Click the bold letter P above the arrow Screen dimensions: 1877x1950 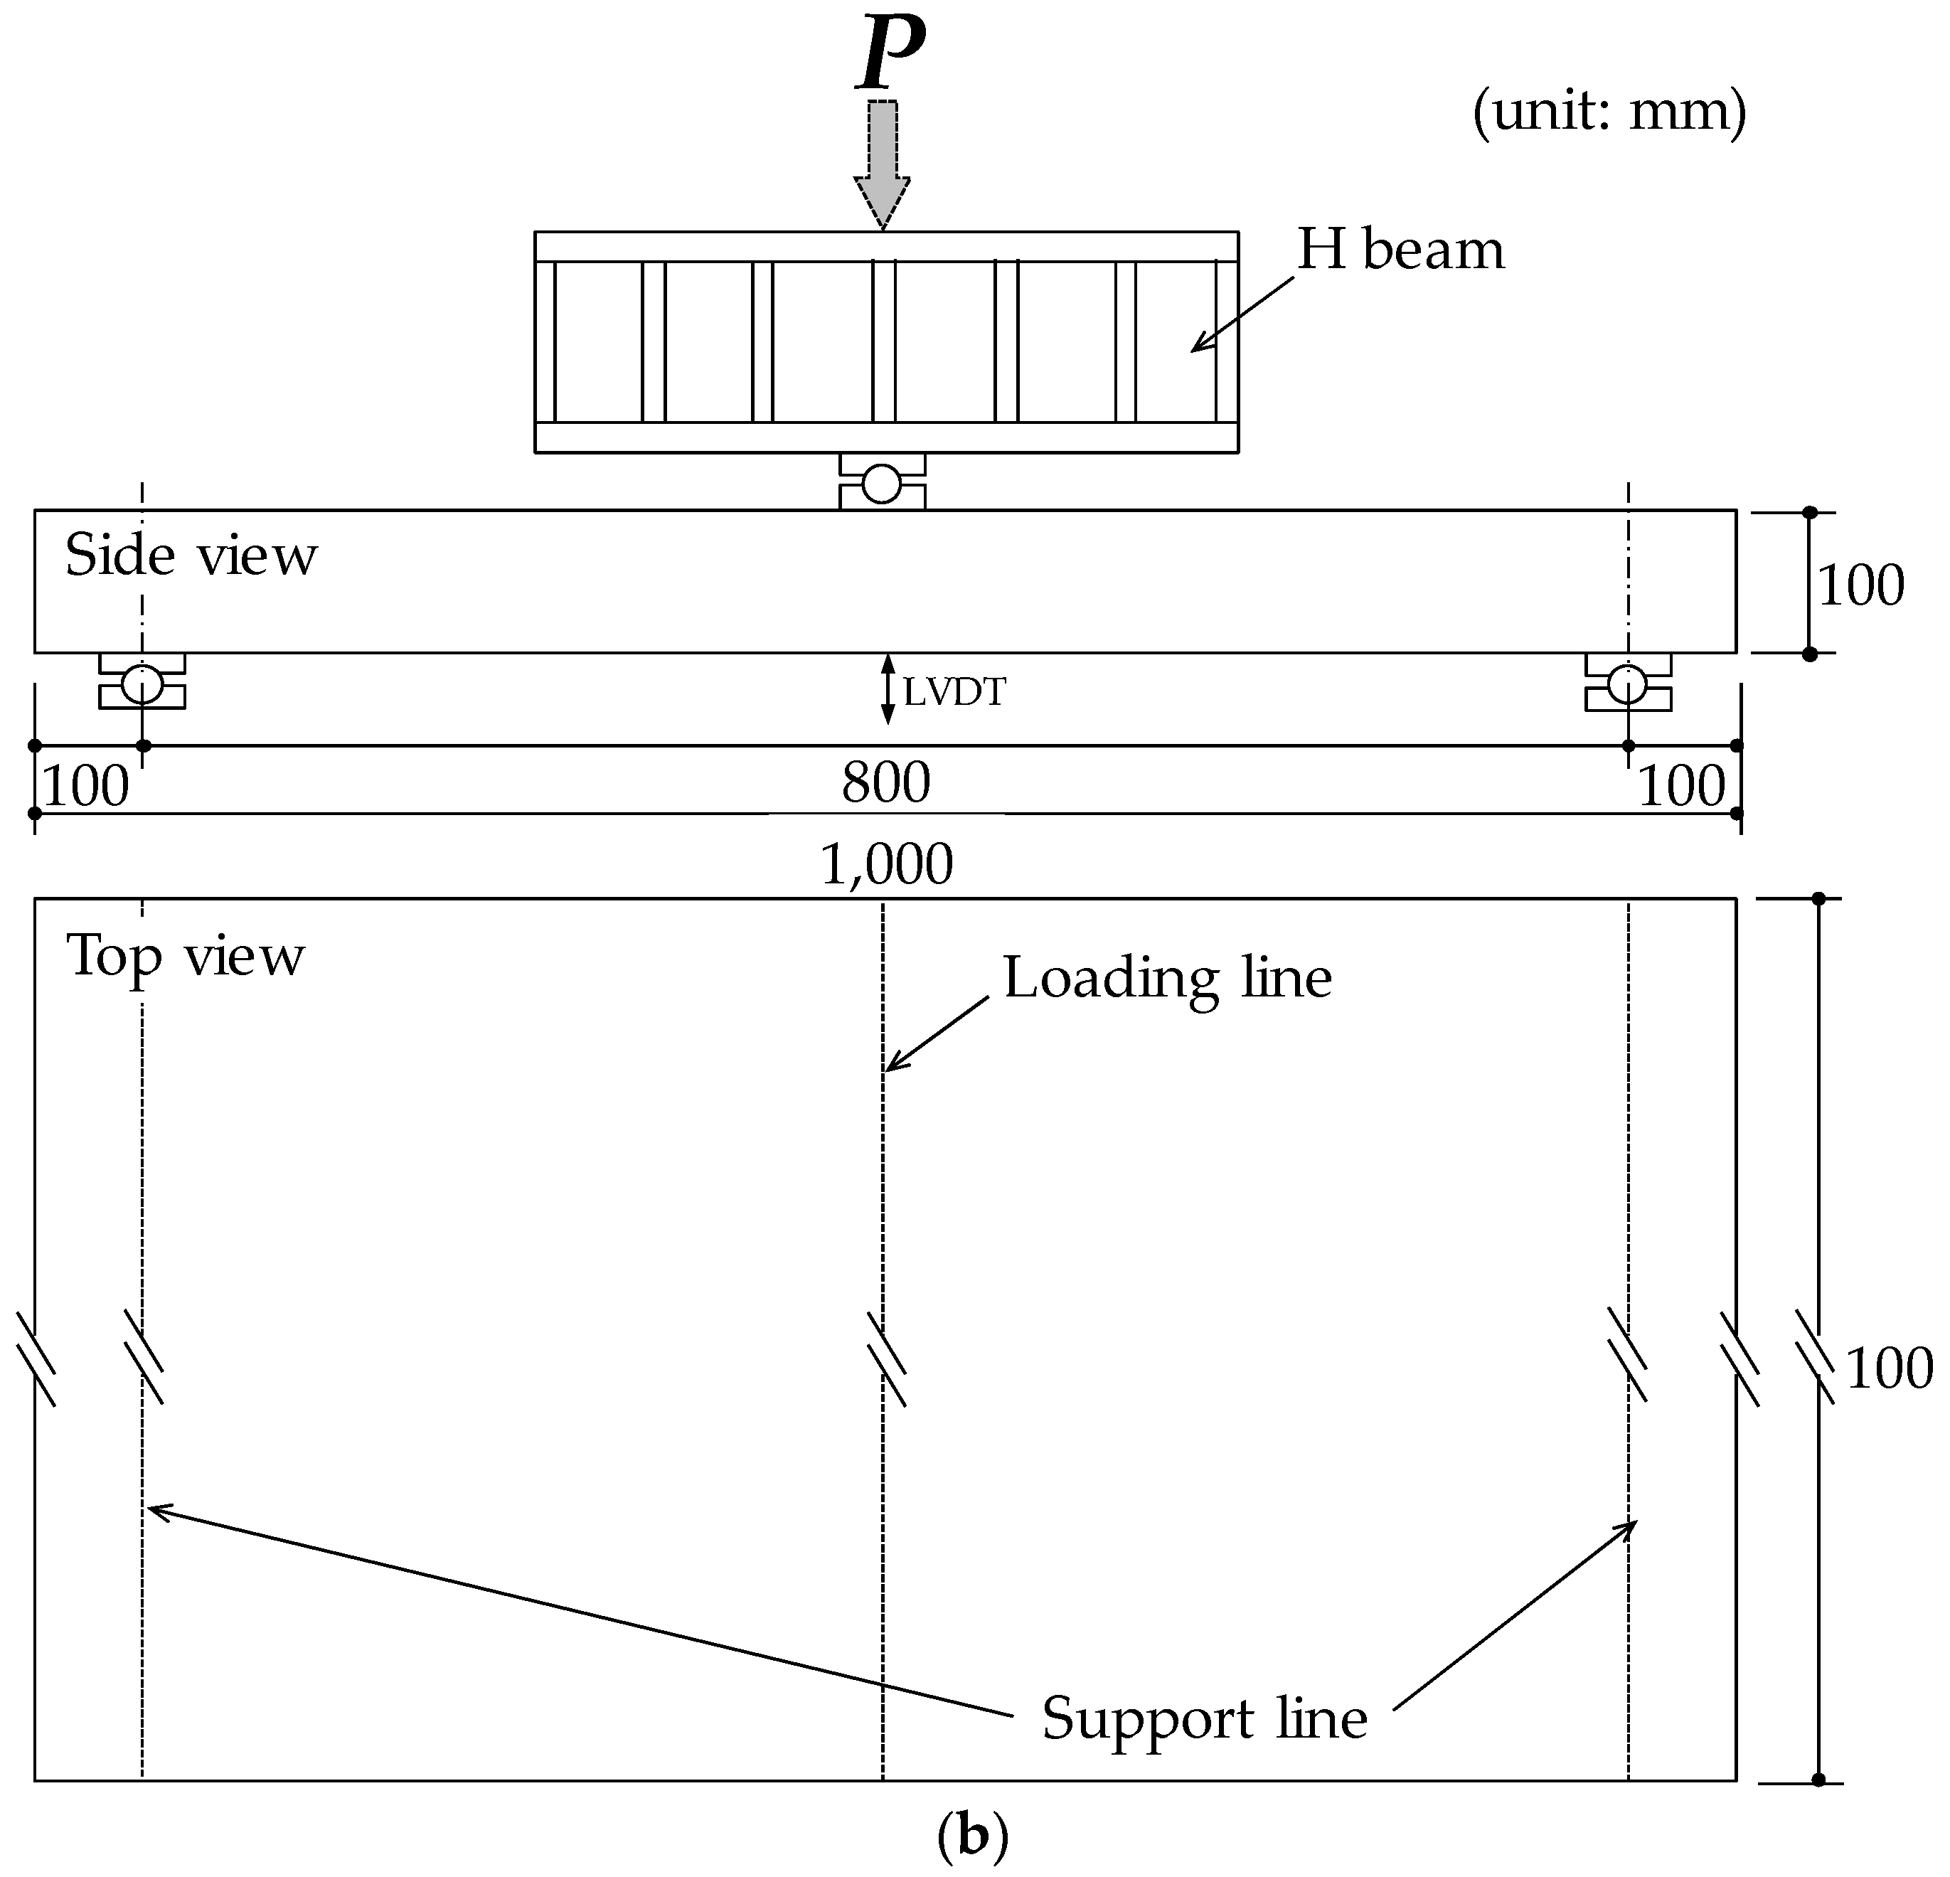[x=890, y=50]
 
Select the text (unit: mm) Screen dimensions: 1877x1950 [x=1609, y=112]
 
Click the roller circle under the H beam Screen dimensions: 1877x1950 [x=881, y=484]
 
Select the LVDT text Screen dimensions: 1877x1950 [x=954, y=691]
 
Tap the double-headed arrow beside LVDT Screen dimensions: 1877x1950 [x=888, y=688]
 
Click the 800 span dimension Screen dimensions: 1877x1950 [x=885, y=782]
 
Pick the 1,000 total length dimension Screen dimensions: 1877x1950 [x=885, y=864]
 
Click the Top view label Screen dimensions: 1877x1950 [x=185, y=957]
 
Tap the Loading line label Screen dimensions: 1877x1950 [x=1166, y=977]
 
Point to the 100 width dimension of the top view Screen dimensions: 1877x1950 [x=1888, y=1368]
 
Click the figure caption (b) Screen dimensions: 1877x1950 [x=972, y=1834]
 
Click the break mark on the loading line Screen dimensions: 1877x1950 [x=885, y=1359]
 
